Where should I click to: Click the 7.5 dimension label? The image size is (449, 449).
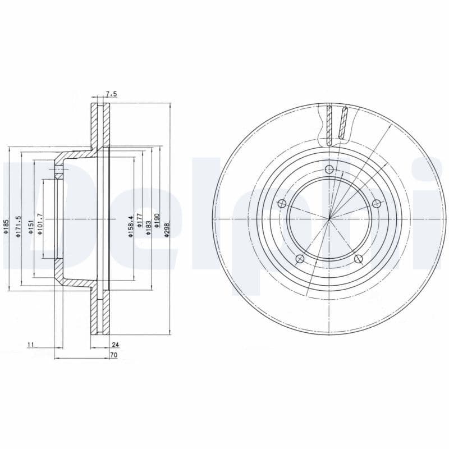point(111,94)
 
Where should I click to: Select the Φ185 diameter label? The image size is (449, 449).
point(6,227)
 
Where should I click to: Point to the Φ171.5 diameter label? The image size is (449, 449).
point(19,227)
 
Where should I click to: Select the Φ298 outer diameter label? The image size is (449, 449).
point(167,227)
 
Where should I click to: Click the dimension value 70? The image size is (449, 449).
point(114,355)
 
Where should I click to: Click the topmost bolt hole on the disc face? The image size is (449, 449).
point(329,171)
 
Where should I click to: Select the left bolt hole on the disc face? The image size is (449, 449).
point(282,203)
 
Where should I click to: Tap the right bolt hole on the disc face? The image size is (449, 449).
point(376,204)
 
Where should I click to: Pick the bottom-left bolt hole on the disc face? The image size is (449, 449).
point(300,258)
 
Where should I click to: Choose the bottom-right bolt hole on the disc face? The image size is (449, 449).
point(358,259)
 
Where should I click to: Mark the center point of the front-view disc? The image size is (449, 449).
point(329,218)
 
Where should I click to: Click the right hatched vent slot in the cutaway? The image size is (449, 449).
point(343,122)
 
